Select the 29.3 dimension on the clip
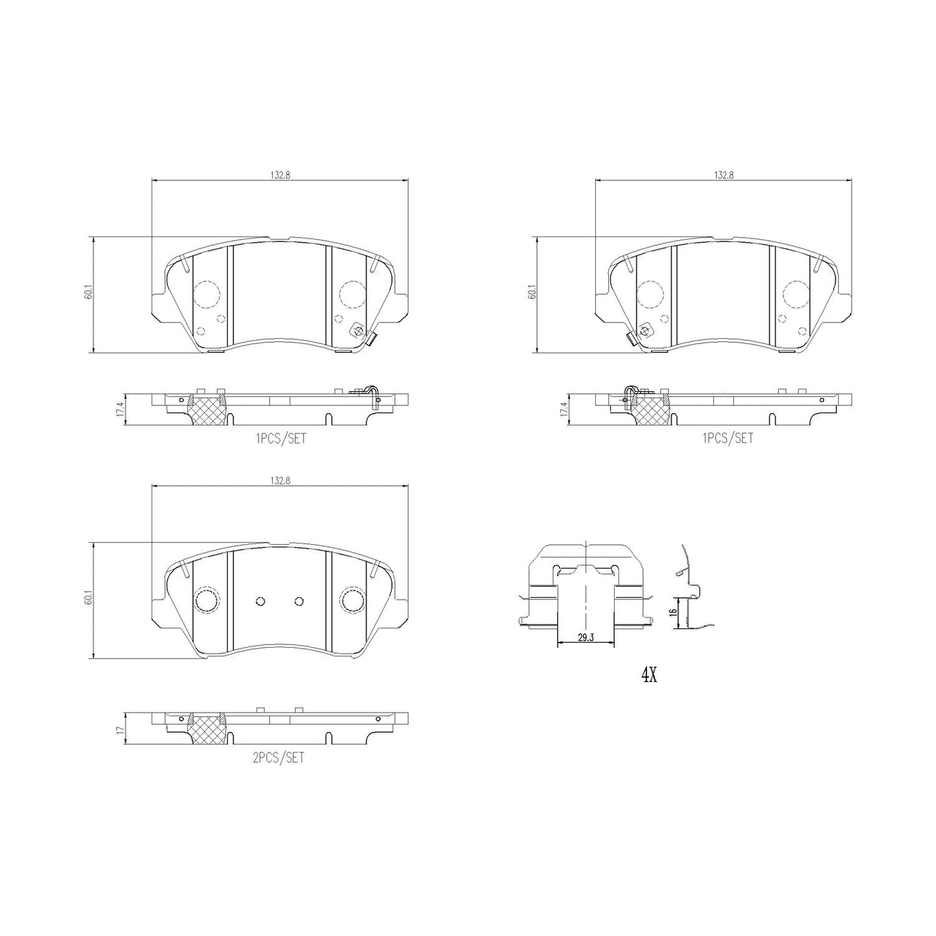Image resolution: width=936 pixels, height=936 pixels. point(586,638)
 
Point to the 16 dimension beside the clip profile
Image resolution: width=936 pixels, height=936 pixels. point(670,612)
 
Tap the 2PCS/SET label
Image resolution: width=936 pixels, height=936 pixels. point(279,758)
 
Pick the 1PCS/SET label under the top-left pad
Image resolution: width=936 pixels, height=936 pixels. point(281,438)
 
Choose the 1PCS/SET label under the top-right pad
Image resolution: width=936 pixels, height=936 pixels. point(727,438)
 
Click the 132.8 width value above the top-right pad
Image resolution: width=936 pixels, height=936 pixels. point(724,176)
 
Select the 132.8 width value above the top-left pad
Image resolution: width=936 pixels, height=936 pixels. point(280,176)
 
